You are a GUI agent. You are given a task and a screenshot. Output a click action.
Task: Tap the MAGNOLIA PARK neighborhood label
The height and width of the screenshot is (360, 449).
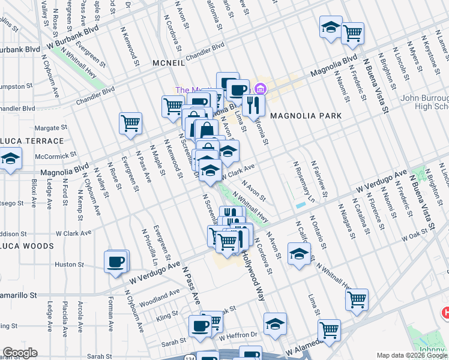tap(306, 116)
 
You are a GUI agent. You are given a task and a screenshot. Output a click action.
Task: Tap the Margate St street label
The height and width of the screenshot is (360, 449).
tap(51, 128)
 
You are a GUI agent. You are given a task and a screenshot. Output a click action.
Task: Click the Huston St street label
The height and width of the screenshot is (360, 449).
tap(69, 264)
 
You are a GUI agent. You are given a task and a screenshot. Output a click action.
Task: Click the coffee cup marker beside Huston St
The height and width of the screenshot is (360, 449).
tap(115, 262)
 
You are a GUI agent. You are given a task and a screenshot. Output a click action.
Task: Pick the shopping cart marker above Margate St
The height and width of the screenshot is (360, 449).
tap(130, 123)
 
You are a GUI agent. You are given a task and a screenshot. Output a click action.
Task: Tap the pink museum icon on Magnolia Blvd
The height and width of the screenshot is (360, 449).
tap(260, 89)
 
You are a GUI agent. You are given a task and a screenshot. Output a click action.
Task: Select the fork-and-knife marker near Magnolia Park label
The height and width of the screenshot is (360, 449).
tap(254, 104)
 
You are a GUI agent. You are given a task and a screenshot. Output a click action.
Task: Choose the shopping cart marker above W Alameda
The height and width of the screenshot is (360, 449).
tap(329, 329)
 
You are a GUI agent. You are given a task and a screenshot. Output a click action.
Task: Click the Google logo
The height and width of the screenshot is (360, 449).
tap(20, 353)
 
